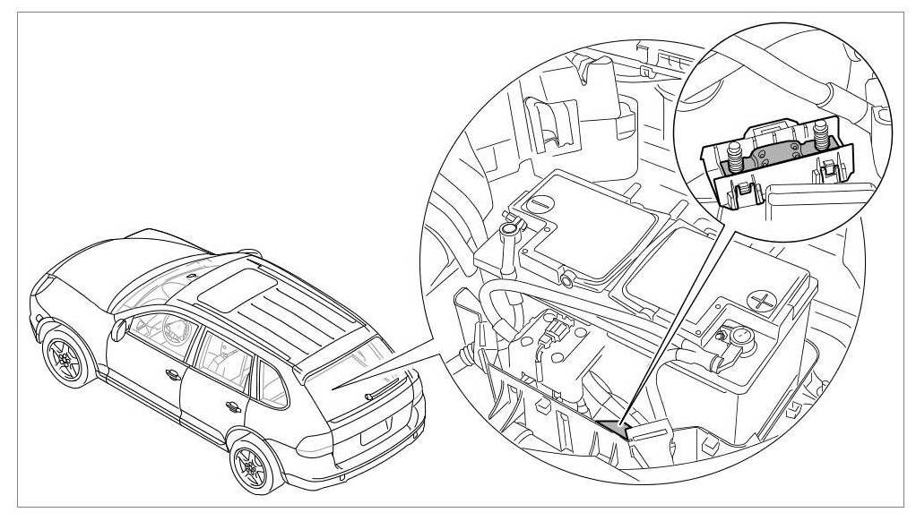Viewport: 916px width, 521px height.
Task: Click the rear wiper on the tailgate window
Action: pyautogui.click(x=381, y=387)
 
